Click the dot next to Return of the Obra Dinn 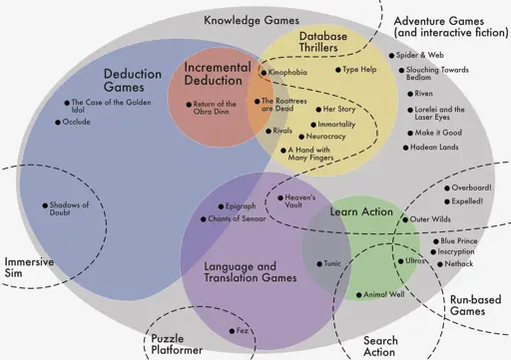[x=189, y=105]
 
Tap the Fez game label [x=242, y=331]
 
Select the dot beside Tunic [x=319, y=264]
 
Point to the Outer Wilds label [x=430, y=219]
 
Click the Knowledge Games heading [x=252, y=21]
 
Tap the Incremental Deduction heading [x=218, y=74]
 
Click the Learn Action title [x=361, y=211]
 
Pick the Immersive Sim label [x=29, y=267]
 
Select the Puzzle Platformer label [x=177, y=344]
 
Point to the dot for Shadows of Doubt [x=45, y=205]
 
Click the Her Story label [x=339, y=109]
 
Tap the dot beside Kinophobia [x=263, y=73]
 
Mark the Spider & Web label [x=420, y=55]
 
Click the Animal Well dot [x=358, y=295]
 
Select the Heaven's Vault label [x=300, y=201]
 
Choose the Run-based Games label [x=475, y=305]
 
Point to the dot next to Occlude [x=58, y=123]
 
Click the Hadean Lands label [x=434, y=147]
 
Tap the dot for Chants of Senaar [x=203, y=219]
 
